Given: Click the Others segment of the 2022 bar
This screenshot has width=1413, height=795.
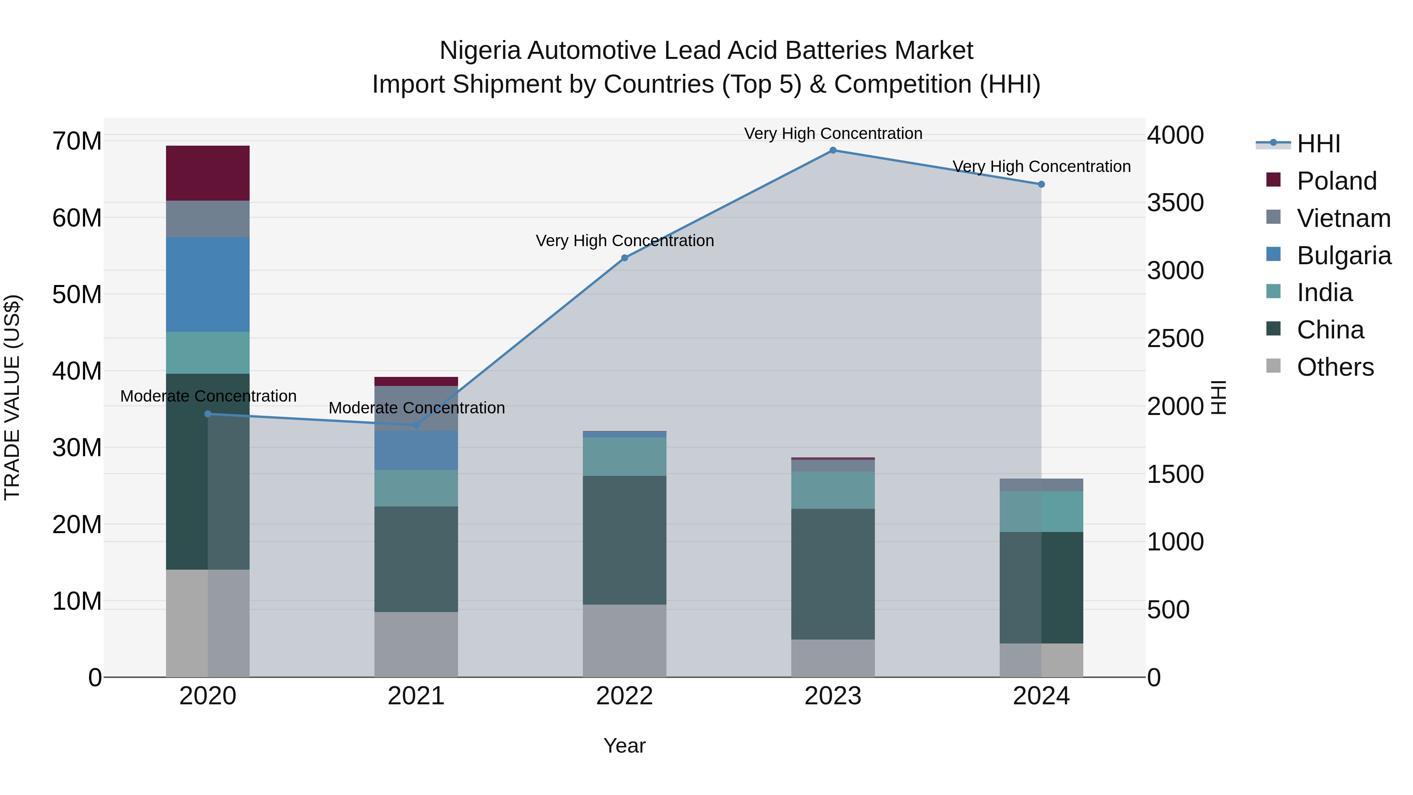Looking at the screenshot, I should pos(624,640).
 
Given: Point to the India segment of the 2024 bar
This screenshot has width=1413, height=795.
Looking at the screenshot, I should pos(1041,511).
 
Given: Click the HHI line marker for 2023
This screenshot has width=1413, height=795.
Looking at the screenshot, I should pos(832,150).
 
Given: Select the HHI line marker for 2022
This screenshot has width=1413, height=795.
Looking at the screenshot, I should pos(624,258).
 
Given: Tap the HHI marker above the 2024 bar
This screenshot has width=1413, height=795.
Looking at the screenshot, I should pos(1041,185).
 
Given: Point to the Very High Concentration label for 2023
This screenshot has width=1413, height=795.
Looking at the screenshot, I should pos(832,133).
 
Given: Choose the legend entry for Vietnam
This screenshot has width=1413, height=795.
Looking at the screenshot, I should pos(1344,218).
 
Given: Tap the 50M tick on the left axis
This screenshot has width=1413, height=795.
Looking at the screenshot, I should pos(77,294).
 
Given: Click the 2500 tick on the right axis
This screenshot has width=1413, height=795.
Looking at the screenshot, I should pos(1175,338).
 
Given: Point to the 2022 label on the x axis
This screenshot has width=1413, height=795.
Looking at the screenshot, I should pos(624,696).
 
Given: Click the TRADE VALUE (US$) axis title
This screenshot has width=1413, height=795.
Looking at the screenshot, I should pos(12,397).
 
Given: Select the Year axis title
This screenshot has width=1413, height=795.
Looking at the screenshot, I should pos(624,746).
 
